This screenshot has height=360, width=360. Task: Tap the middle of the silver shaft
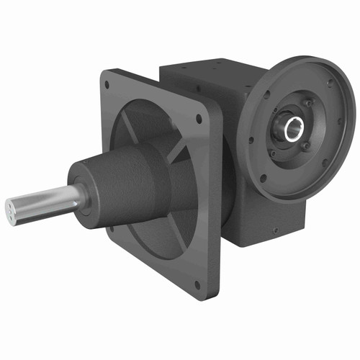(43, 200)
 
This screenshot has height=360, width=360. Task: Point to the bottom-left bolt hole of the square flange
(109, 229)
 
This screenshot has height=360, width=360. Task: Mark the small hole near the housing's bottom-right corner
(275, 230)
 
